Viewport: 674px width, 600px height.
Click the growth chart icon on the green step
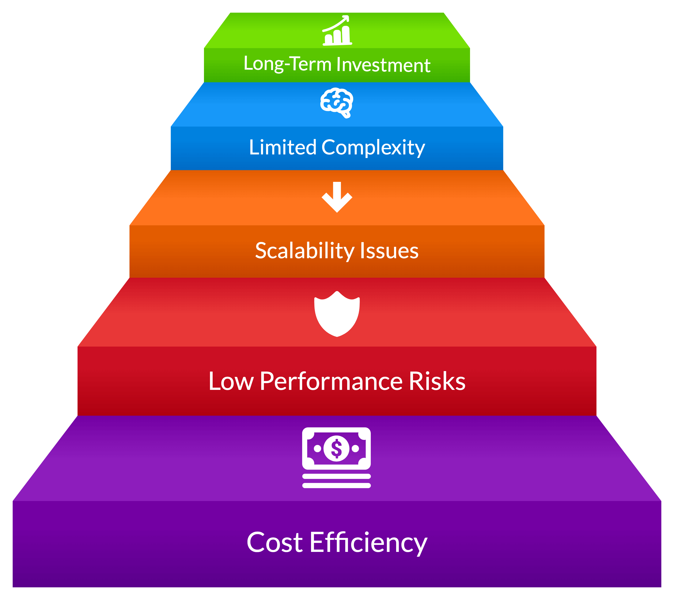(x=337, y=30)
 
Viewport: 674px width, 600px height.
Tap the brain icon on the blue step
(x=337, y=103)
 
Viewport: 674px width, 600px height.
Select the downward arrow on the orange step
(x=337, y=197)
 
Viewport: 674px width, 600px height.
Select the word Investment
(x=383, y=65)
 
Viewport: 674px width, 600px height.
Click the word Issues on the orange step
(x=389, y=251)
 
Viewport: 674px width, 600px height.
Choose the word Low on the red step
(x=231, y=381)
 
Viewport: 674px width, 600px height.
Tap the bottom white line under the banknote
(x=337, y=485)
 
